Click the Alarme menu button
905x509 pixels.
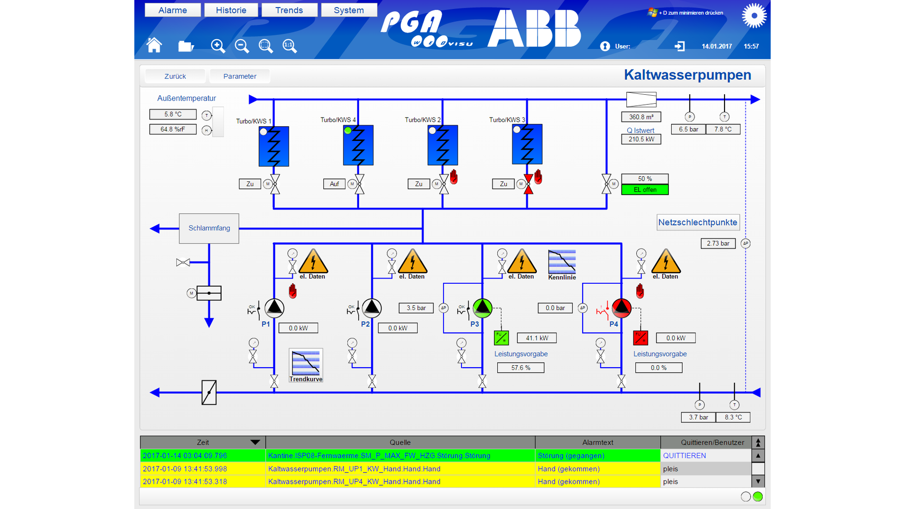pos(172,10)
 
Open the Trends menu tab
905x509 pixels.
pos(289,10)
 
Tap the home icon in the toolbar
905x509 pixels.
pos(154,45)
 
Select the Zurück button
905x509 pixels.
pos(175,76)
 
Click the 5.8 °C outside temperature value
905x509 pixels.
pos(173,114)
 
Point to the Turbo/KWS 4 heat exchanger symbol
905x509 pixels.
pos(358,145)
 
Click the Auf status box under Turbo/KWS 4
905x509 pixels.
pos(334,184)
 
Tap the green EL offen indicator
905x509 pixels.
pos(645,190)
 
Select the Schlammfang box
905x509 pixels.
pos(209,228)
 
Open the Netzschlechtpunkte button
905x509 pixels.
pos(698,222)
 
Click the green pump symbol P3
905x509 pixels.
pos(483,309)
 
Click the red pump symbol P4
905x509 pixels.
pos(621,309)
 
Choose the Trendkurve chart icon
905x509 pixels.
pos(306,364)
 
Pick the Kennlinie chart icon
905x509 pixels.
pos(562,263)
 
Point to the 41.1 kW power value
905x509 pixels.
pos(537,338)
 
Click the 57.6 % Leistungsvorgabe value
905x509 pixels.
pos(521,368)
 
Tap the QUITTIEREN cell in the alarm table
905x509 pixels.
pos(684,456)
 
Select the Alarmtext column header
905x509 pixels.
pos(597,442)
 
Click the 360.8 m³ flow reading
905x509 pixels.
pos(641,117)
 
